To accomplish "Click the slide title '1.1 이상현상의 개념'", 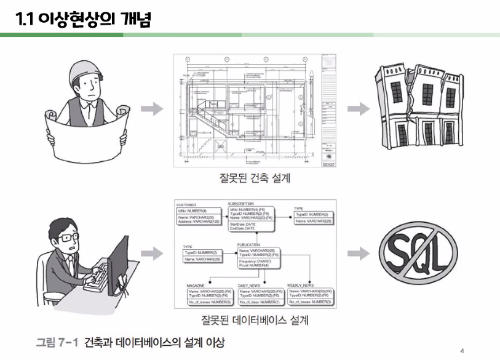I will (x=84, y=20).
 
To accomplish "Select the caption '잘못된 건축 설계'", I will (x=255, y=179).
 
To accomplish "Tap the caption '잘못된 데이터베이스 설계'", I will (x=254, y=321).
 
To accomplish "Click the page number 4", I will (x=462, y=351).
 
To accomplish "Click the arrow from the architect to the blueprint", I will (x=152, y=109).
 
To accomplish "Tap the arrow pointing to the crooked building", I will (x=357, y=109).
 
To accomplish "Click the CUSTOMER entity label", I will (x=186, y=205).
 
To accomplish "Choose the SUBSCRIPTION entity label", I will (x=240, y=203).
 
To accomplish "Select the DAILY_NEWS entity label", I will (x=250, y=286).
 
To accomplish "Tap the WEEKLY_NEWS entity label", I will (x=300, y=286).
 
